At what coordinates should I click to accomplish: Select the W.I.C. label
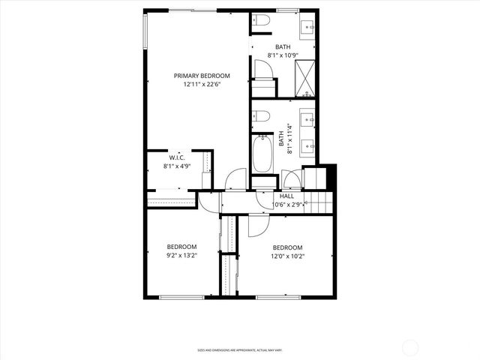[x=177, y=157]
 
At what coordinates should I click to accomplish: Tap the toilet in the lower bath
[x=261, y=116]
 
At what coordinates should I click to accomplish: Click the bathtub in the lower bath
[x=262, y=156]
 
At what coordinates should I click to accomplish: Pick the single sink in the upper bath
[x=307, y=29]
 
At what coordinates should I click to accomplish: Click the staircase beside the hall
[x=318, y=201]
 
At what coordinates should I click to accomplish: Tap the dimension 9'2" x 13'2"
[x=181, y=256]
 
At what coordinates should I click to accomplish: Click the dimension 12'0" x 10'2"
[x=287, y=256]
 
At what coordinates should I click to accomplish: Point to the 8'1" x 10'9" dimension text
[x=283, y=55]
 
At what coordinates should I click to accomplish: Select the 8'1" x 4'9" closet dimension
[x=177, y=166]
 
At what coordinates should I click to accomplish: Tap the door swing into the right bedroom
[x=259, y=223]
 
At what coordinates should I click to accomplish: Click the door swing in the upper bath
[x=262, y=71]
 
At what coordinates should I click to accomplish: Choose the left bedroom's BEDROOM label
[x=181, y=247]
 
